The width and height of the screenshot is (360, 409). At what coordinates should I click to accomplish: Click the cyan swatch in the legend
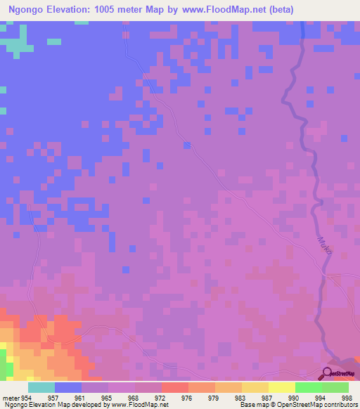(41, 387)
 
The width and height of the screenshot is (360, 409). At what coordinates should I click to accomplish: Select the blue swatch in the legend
(67, 387)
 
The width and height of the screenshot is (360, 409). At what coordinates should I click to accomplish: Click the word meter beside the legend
(11, 397)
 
